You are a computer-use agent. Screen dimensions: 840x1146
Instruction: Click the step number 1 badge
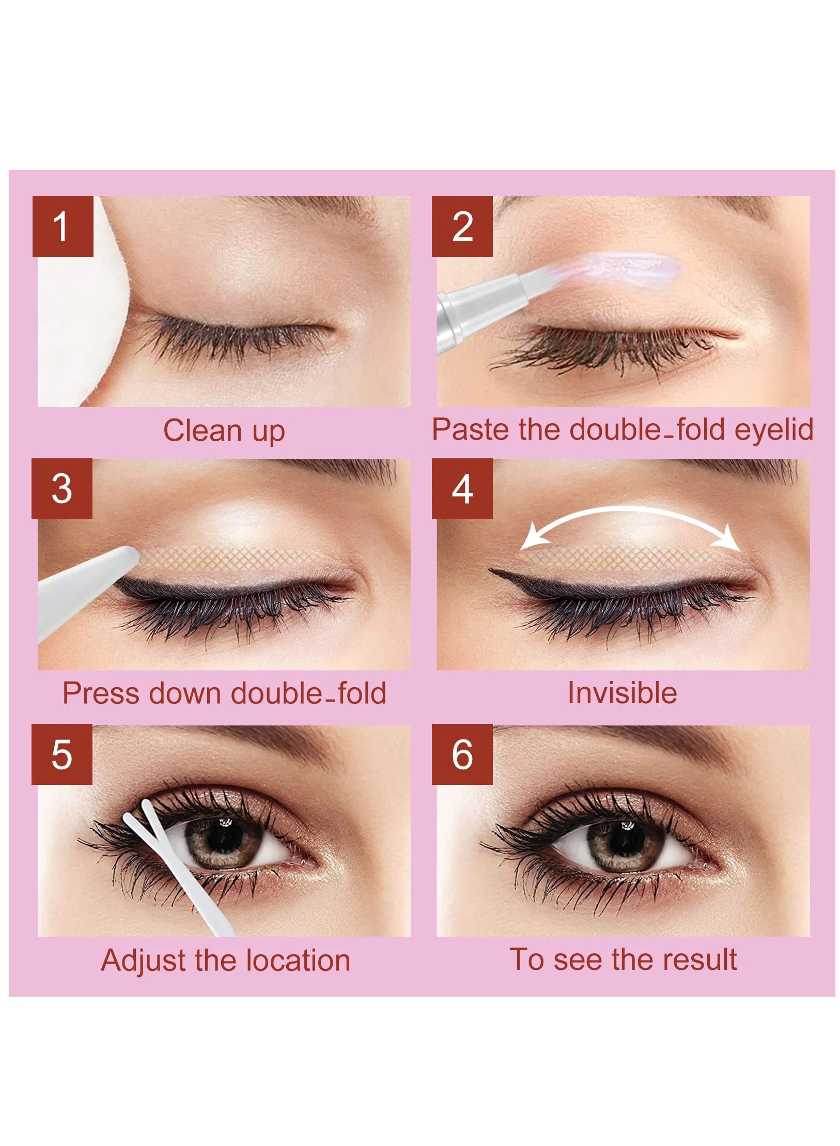pyautogui.click(x=63, y=226)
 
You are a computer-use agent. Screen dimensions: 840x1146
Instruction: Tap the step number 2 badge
pyautogui.click(x=462, y=226)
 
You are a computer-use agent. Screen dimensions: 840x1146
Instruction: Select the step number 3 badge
pyautogui.click(x=62, y=489)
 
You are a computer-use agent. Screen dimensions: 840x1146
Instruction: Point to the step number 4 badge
pyautogui.click(x=462, y=489)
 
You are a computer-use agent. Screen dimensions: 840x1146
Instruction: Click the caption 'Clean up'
pyautogui.click(x=224, y=431)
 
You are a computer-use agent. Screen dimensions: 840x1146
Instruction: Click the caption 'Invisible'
pyautogui.click(x=622, y=693)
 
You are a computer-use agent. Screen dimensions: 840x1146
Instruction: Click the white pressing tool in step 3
pyautogui.click(x=83, y=594)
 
